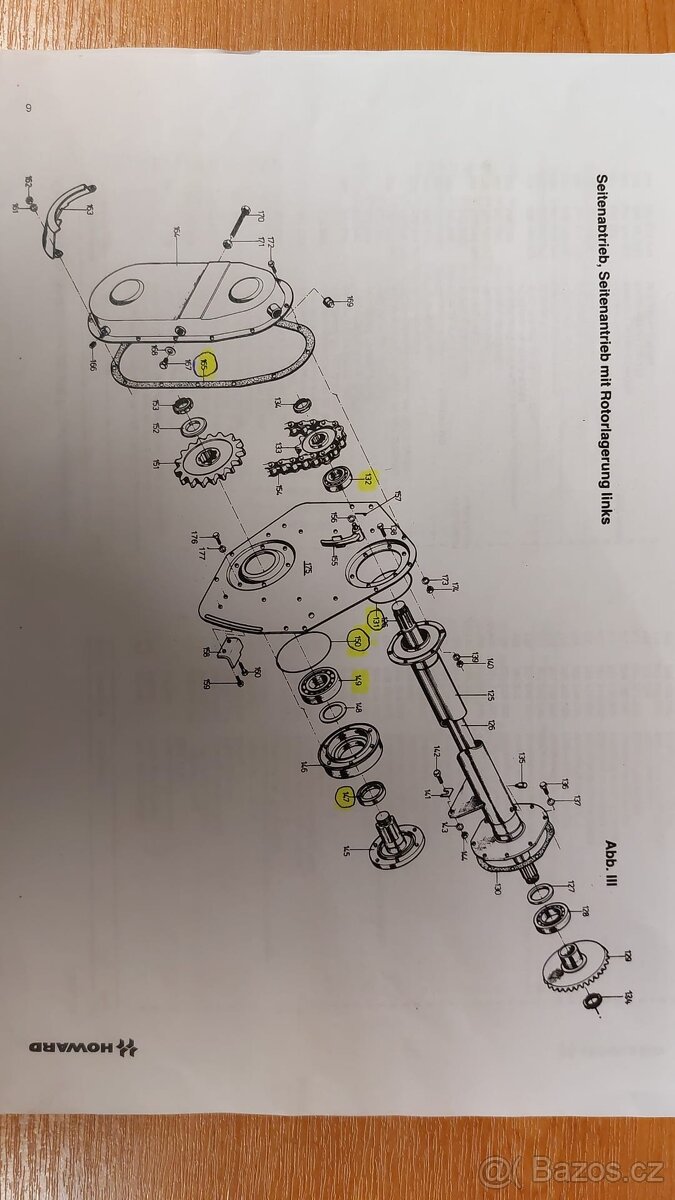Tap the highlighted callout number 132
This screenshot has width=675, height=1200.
367,479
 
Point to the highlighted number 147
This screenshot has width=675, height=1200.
346,798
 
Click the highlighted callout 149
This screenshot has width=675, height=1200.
358,682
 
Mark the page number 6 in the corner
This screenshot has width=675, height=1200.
27,107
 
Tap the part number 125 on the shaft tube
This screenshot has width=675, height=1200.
463,694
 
